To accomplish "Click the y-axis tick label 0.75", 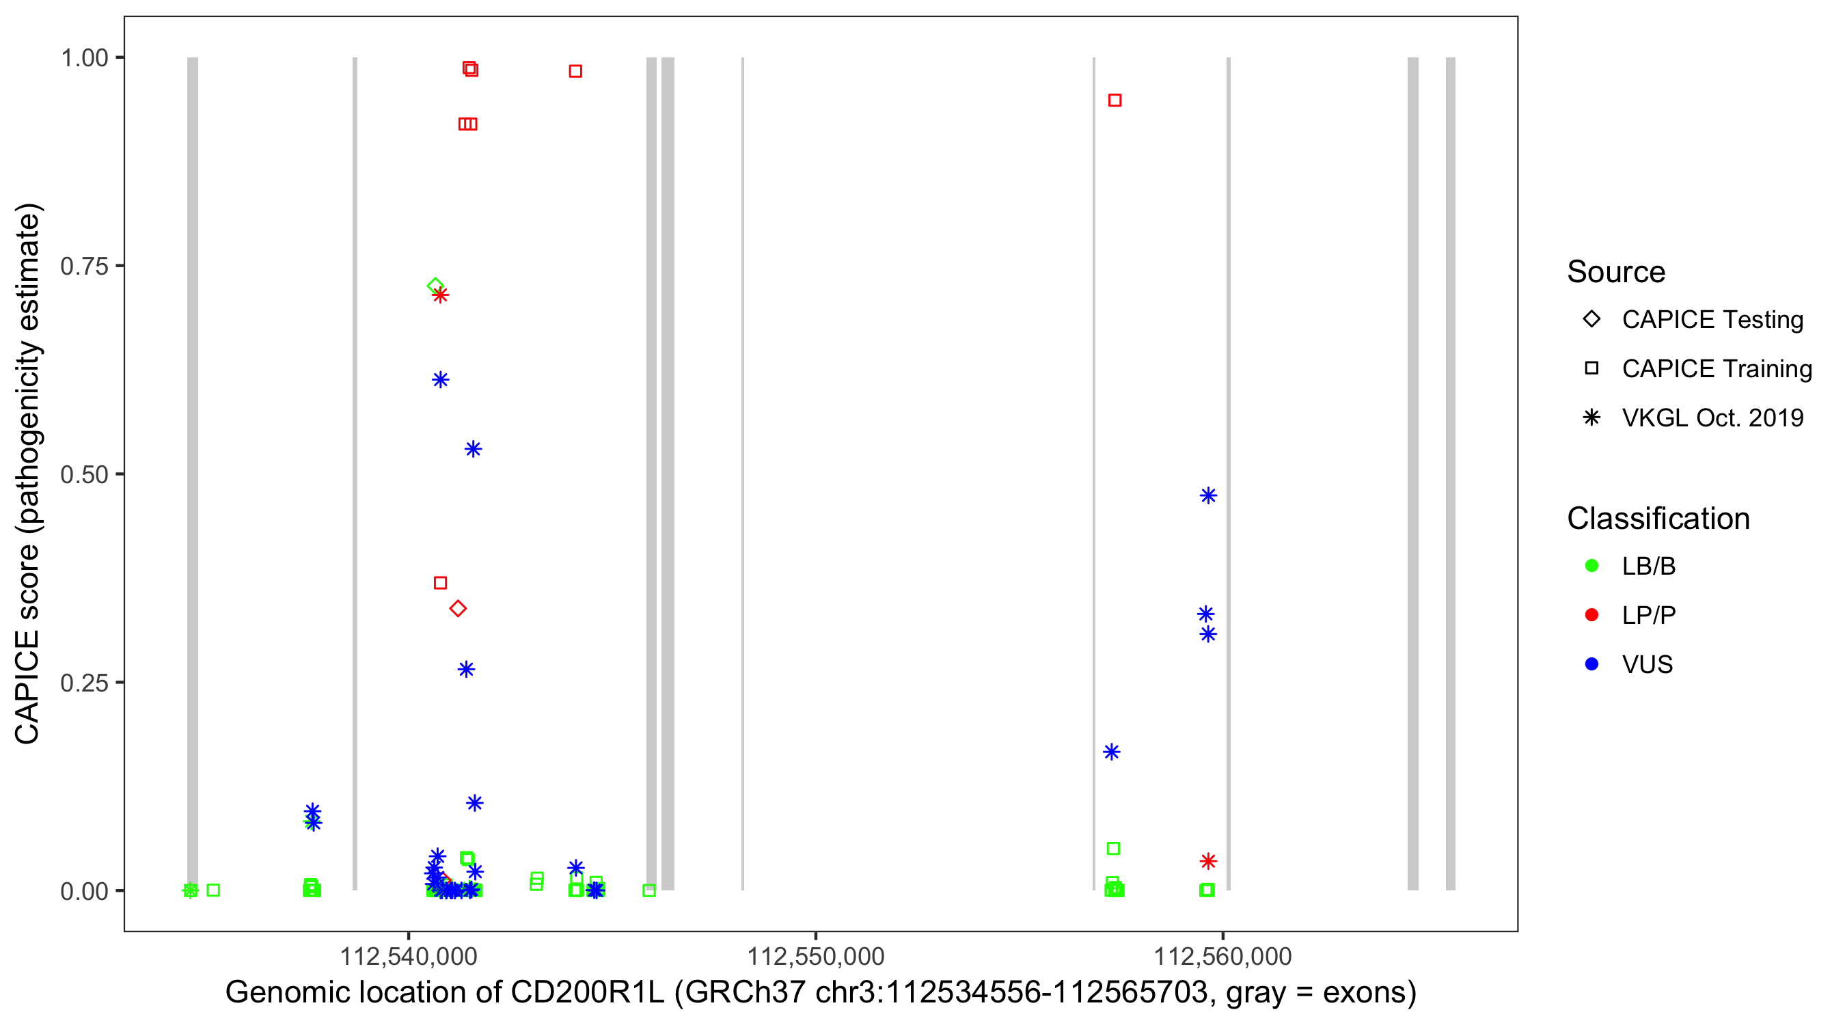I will pyautogui.click(x=83, y=266).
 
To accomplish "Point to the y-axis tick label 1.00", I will pyautogui.click(x=83, y=58).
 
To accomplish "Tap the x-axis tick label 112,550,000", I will pyautogui.click(x=815, y=956).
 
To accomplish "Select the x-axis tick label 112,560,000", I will pyautogui.click(x=1222, y=956).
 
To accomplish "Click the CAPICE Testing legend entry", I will pyautogui.click(x=1712, y=320).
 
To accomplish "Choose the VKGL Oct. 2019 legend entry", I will pyautogui.click(x=1712, y=418).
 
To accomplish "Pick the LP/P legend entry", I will pyautogui.click(x=1648, y=615).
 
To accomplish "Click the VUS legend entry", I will pyautogui.click(x=1647, y=665).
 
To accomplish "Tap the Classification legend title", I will pyautogui.click(x=1657, y=519).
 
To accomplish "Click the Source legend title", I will pyautogui.click(x=1616, y=272).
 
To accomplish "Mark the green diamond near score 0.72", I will pyautogui.click(x=435, y=286).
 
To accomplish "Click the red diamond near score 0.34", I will pyautogui.click(x=459, y=609).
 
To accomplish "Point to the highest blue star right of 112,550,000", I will pyautogui.click(x=1208, y=495).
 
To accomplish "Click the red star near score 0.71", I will pyautogui.click(x=441, y=295).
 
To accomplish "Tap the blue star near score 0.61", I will pyautogui.click(x=441, y=380).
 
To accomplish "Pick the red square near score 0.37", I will pyautogui.click(x=441, y=583).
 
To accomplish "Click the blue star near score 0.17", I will pyautogui.click(x=1112, y=752).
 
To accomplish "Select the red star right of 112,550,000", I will pyautogui.click(x=1208, y=861).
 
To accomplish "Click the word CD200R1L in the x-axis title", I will pyautogui.click(x=586, y=993).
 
